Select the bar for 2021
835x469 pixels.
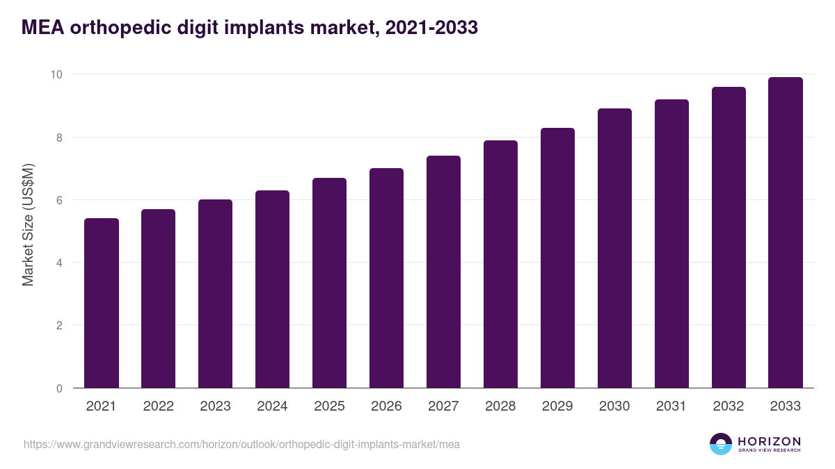[x=102, y=303]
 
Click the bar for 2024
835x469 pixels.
[x=272, y=289]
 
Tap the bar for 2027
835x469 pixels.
[x=443, y=272]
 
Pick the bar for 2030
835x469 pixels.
[x=614, y=248]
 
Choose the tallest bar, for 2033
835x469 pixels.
[x=786, y=233]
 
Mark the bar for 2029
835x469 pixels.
[x=557, y=258]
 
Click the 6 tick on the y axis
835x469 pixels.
[x=60, y=200]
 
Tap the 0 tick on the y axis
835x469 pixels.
[x=60, y=388]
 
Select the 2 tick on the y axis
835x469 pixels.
[x=60, y=326]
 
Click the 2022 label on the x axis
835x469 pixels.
[x=158, y=406]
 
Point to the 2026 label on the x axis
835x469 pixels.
[x=386, y=406]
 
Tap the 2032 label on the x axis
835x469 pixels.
[x=729, y=406]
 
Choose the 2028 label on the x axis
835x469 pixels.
[x=500, y=406]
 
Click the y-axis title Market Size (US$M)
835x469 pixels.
[x=28, y=224]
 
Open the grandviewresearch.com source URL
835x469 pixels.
[x=241, y=444]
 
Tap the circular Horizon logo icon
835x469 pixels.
[x=721, y=444]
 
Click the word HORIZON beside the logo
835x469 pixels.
[x=769, y=441]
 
